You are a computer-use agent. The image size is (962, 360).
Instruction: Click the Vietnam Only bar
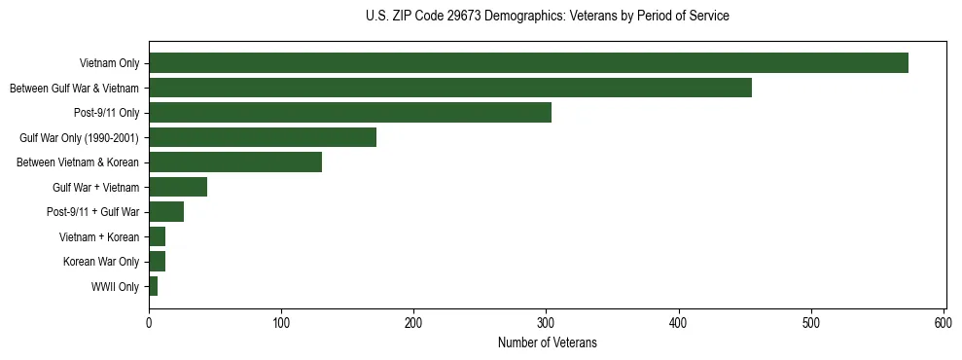pyautogui.click(x=528, y=63)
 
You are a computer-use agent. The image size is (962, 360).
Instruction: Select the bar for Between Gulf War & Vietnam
pyautogui.click(x=450, y=89)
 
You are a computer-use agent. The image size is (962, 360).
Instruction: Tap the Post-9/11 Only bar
pyautogui.click(x=350, y=113)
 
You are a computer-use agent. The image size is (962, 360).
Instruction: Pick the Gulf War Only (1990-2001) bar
pyautogui.click(x=263, y=137)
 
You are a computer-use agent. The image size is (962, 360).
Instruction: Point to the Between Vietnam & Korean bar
pyautogui.click(x=235, y=162)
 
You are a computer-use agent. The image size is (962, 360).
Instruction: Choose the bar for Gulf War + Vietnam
pyautogui.click(x=178, y=187)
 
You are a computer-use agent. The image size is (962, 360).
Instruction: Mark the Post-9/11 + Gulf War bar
pyautogui.click(x=166, y=212)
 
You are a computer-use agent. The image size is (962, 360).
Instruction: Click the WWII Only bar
pyautogui.click(x=154, y=286)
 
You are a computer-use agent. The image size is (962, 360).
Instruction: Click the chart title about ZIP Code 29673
pyautogui.click(x=548, y=17)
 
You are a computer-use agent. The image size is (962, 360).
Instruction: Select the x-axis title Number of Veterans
pyautogui.click(x=548, y=343)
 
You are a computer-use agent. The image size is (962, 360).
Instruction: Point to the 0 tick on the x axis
pyautogui.click(x=149, y=322)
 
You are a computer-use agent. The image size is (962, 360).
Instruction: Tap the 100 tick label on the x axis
pyautogui.click(x=281, y=322)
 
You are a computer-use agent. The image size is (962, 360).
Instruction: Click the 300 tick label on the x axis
pyautogui.click(x=547, y=322)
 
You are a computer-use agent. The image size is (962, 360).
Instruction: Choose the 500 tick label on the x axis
pyautogui.click(x=811, y=322)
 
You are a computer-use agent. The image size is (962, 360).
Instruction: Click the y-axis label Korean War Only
pyautogui.click(x=101, y=262)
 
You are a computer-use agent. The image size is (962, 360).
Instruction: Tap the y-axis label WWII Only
pyautogui.click(x=115, y=287)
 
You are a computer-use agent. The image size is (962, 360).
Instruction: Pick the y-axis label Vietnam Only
pyautogui.click(x=109, y=64)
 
